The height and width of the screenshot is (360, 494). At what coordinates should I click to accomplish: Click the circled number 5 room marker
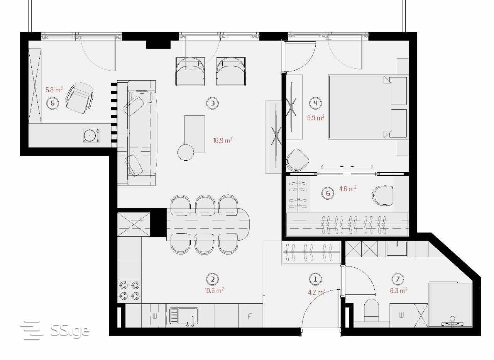[52, 103]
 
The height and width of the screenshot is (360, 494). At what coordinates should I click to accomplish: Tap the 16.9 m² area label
[223, 140]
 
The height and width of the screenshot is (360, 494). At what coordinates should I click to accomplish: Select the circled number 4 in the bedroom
[315, 103]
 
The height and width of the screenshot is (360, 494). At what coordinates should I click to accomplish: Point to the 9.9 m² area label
[316, 117]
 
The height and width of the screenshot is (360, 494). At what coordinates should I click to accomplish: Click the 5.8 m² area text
[54, 90]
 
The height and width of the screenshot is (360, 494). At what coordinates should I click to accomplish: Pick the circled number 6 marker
[328, 194]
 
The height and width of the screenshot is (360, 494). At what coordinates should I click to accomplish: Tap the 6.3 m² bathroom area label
[399, 290]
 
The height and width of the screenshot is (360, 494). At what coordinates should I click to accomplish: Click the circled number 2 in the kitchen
[212, 279]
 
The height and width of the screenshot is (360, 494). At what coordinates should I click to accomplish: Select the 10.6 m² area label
[214, 290]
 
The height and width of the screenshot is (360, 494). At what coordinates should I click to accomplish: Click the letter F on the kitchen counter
[249, 316]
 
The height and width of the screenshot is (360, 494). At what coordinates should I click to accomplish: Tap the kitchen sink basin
[184, 316]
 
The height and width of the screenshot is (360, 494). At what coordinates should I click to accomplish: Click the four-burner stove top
[129, 291]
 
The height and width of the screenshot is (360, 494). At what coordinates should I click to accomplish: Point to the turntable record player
[91, 135]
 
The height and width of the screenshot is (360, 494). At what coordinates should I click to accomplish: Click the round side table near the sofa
[186, 152]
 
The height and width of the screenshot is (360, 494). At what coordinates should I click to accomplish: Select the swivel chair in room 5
[80, 98]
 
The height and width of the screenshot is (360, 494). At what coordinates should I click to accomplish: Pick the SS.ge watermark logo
[55, 330]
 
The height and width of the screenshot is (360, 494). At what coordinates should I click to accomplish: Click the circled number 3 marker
[212, 103]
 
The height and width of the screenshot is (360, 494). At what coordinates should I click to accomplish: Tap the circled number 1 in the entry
[315, 279]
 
